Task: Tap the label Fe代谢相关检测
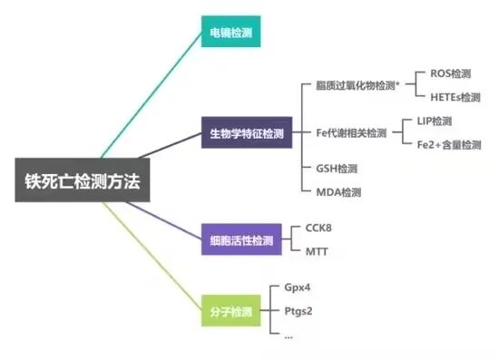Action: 351,132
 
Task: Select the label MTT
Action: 317,251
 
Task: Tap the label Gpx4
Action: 298,290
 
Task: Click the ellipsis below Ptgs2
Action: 288,335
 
